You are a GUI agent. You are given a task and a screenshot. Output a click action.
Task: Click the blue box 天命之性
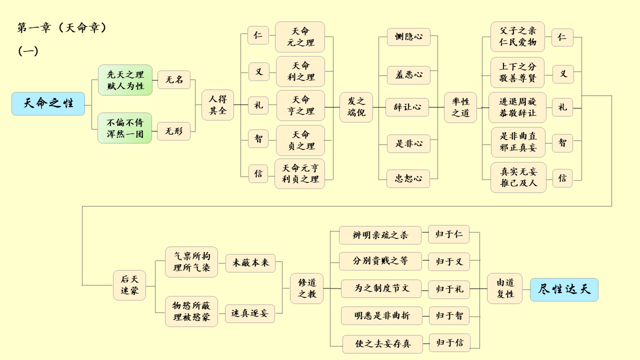coord(48,104)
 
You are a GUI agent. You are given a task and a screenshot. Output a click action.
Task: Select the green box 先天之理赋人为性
coord(125,80)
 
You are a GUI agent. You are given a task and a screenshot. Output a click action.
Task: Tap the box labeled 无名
coord(174,80)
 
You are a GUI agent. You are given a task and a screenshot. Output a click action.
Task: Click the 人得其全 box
coord(217,105)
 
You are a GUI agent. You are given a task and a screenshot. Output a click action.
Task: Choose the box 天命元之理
coord(300,37)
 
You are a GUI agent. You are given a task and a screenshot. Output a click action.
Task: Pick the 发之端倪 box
coord(356,107)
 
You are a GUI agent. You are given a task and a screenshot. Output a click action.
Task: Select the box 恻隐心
coord(408,37)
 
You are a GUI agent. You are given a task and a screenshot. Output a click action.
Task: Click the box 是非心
coord(408,143)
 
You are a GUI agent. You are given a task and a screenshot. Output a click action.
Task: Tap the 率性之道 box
coord(460,107)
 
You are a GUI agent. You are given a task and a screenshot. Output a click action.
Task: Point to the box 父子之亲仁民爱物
coord(517,37)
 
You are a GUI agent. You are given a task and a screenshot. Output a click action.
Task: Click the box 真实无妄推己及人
coord(517,177)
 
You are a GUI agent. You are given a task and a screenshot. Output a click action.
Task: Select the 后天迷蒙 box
coord(129,285)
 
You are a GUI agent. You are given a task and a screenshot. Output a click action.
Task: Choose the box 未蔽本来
coord(250,263)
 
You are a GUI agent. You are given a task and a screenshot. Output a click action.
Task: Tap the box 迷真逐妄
coord(250,313)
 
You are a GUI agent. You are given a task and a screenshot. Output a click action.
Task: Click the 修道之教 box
coord(307,288)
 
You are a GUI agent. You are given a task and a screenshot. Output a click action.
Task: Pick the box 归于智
coord(449,315)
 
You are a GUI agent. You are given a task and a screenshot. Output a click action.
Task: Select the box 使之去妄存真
coord(382,344)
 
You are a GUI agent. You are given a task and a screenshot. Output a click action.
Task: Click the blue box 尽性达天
coord(564,289)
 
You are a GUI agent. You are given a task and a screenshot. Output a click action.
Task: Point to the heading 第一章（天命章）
coord(62,28)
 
